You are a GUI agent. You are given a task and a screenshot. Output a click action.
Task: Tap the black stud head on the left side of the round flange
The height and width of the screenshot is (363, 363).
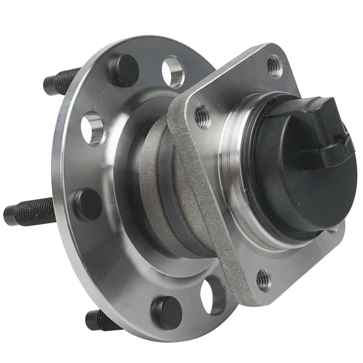click(x=87, y=205)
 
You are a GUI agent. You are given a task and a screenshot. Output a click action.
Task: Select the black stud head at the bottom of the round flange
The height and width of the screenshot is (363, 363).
click(x=166, y=312)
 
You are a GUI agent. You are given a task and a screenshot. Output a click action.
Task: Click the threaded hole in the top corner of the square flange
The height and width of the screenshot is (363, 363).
click(x=275, y=67)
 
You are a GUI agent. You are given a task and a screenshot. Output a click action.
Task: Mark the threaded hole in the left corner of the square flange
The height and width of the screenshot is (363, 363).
click(x=203, y=117)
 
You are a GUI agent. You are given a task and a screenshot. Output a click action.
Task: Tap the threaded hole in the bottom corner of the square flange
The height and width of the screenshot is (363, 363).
click(x=264, y=280)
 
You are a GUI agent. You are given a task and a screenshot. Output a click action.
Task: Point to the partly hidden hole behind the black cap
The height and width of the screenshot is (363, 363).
click(x=333, y=229)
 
